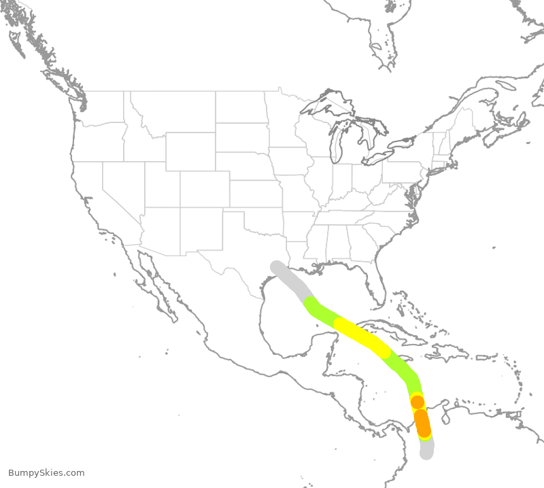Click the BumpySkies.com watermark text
tap(46, 473)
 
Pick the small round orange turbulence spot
tap(418, 402)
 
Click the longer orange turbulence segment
tap(422, 423)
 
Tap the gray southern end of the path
tap(426, 450)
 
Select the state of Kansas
tap(256, 194)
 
